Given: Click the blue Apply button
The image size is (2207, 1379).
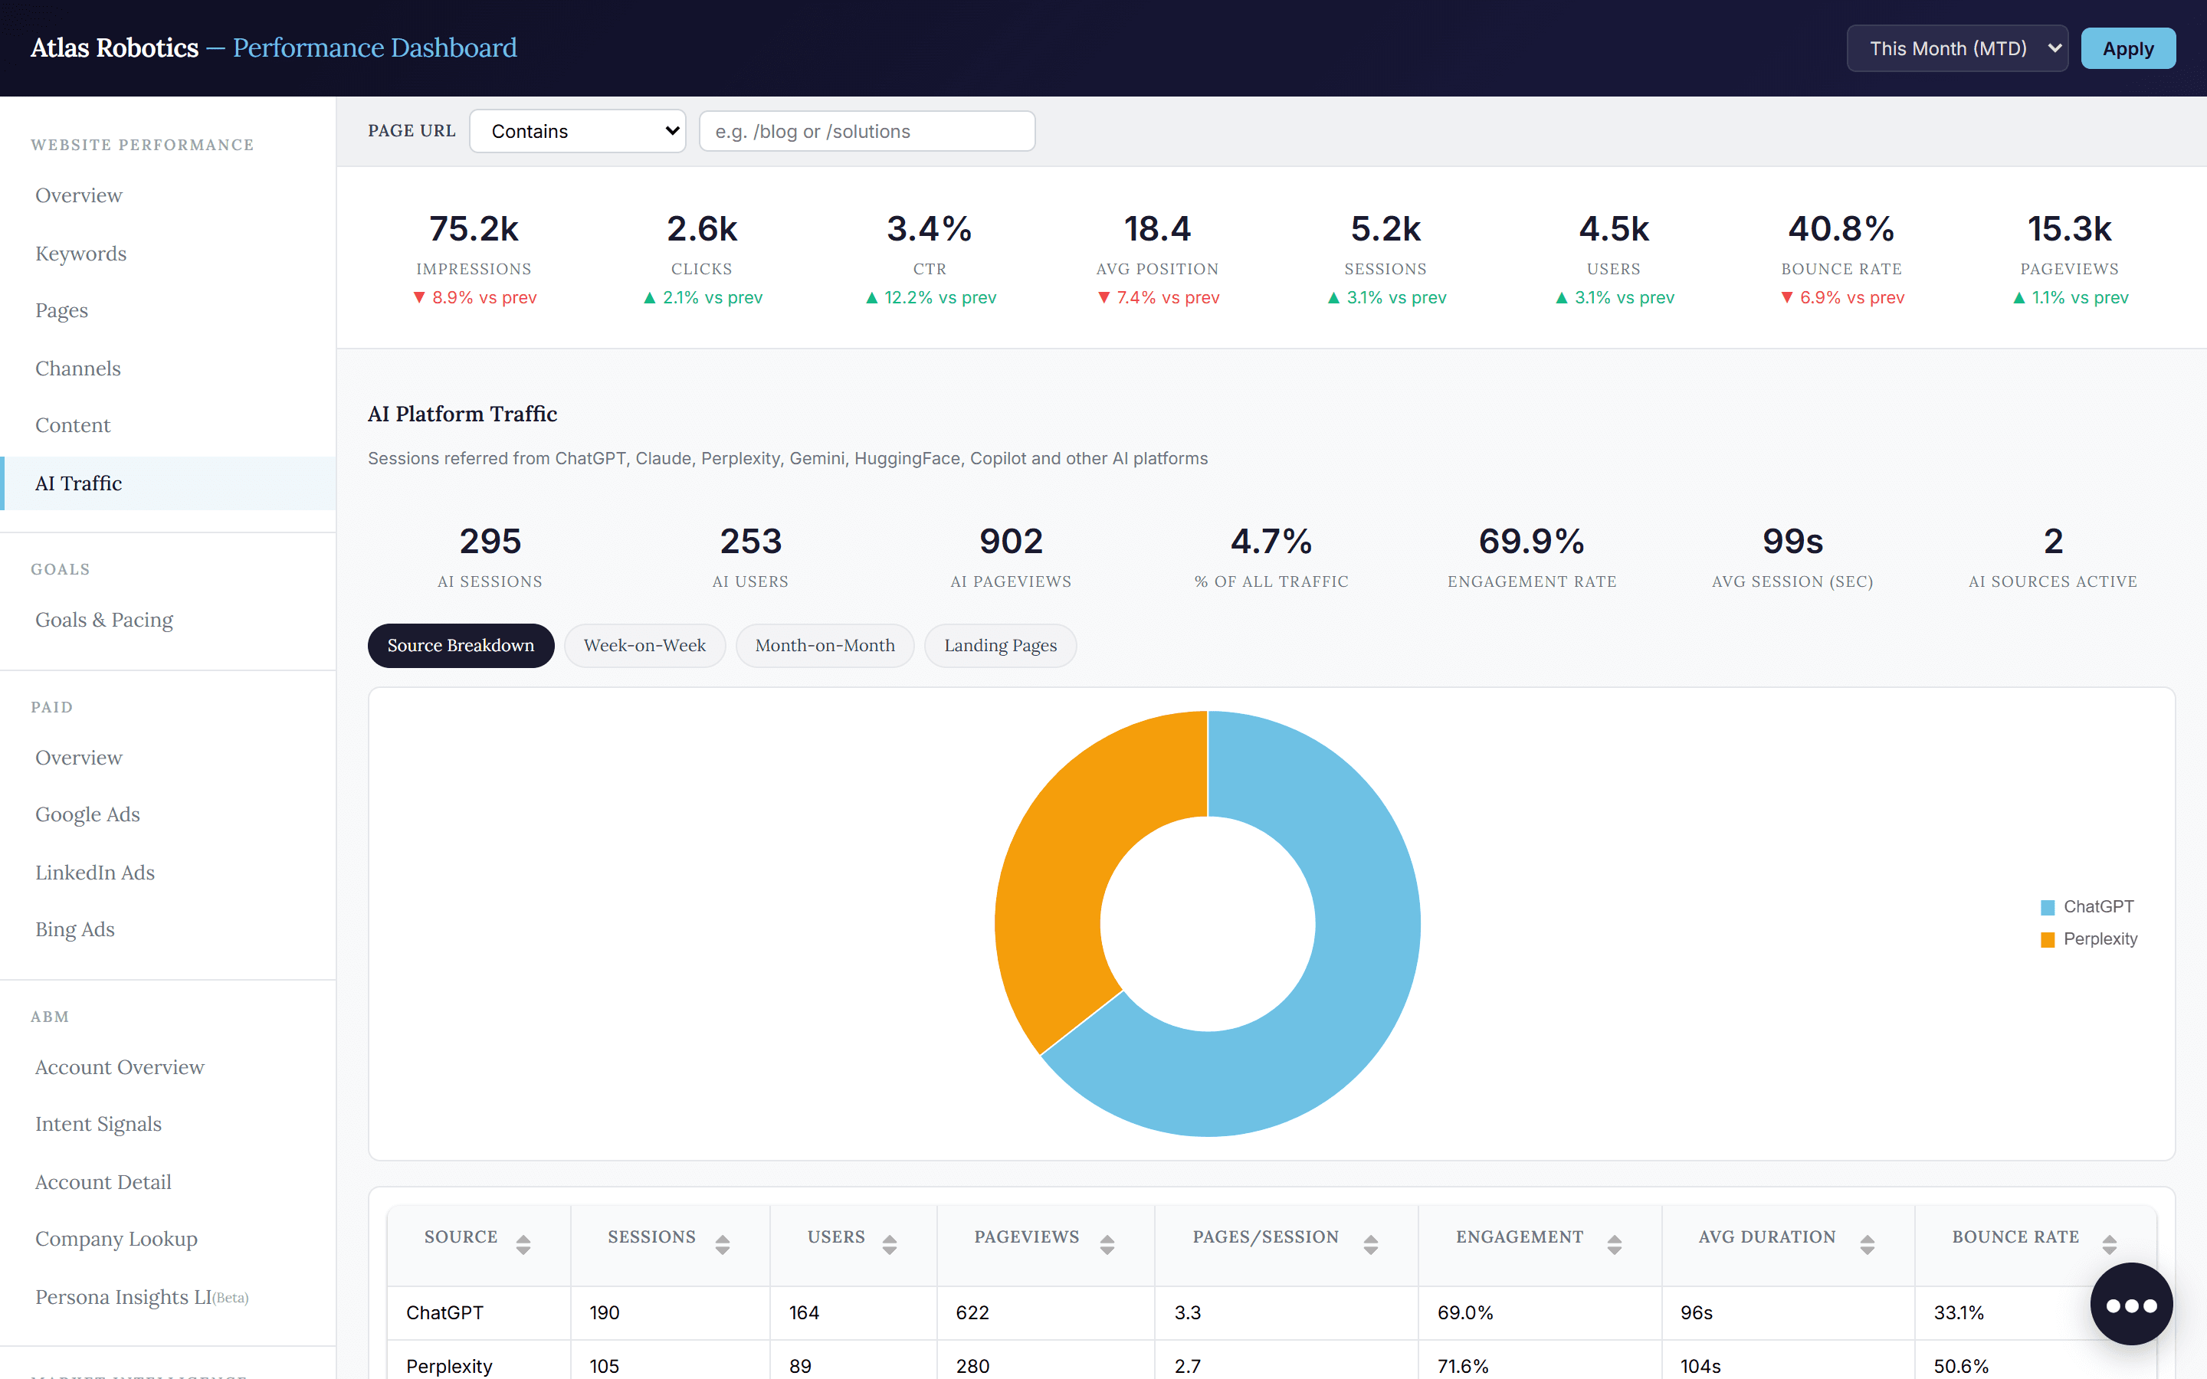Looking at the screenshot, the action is coord(2127,48).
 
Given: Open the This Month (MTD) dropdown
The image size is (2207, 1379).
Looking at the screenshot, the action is coord(1957,48).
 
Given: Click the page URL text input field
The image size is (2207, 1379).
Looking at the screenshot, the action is coord(867,131).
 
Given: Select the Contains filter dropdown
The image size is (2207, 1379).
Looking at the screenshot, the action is coord(577,131).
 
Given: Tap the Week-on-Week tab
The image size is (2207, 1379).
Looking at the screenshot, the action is coord(644,646).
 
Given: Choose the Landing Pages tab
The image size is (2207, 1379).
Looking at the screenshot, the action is coord(1001,646).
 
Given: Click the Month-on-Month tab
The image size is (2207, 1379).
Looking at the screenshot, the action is coord(825,646).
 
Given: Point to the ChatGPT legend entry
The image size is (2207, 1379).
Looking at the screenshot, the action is coord(2087,906).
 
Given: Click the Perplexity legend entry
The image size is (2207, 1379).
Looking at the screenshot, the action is coord(2089,938).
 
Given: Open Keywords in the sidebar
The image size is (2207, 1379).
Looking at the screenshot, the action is coord(81,254).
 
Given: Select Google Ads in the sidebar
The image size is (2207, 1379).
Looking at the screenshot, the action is coord(87,814).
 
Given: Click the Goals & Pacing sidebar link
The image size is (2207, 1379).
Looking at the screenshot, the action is coord(104,621).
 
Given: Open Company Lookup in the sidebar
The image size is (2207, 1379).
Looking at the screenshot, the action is coord(116,1239).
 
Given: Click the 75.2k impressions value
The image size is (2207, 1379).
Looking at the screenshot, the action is coord(474,229).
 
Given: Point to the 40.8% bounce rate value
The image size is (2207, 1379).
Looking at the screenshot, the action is coord(1841,229).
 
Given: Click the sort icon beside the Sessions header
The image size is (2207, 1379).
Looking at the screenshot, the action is coord(723,1244).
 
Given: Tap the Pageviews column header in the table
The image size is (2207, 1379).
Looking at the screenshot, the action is coord(1026,1237).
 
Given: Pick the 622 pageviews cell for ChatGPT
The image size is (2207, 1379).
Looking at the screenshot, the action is coord(972,1312).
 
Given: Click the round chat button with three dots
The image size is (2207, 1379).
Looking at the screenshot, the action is coord(2131,1304).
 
